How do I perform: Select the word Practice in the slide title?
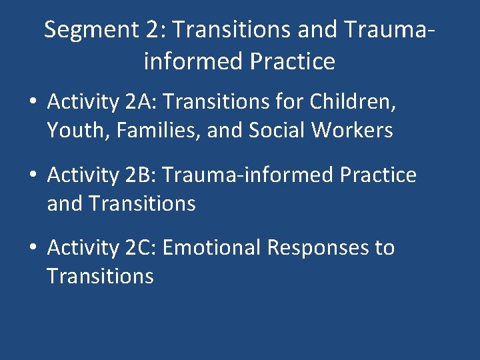293,62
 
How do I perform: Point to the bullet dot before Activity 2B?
33,176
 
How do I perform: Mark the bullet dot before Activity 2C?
33,249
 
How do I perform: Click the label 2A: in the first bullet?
141,103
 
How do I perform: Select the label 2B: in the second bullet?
141,175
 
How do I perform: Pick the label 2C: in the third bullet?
141,247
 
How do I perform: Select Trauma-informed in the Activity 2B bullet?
247,175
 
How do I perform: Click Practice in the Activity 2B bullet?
378,175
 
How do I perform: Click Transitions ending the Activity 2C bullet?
100,275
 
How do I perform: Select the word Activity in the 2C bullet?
83,247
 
